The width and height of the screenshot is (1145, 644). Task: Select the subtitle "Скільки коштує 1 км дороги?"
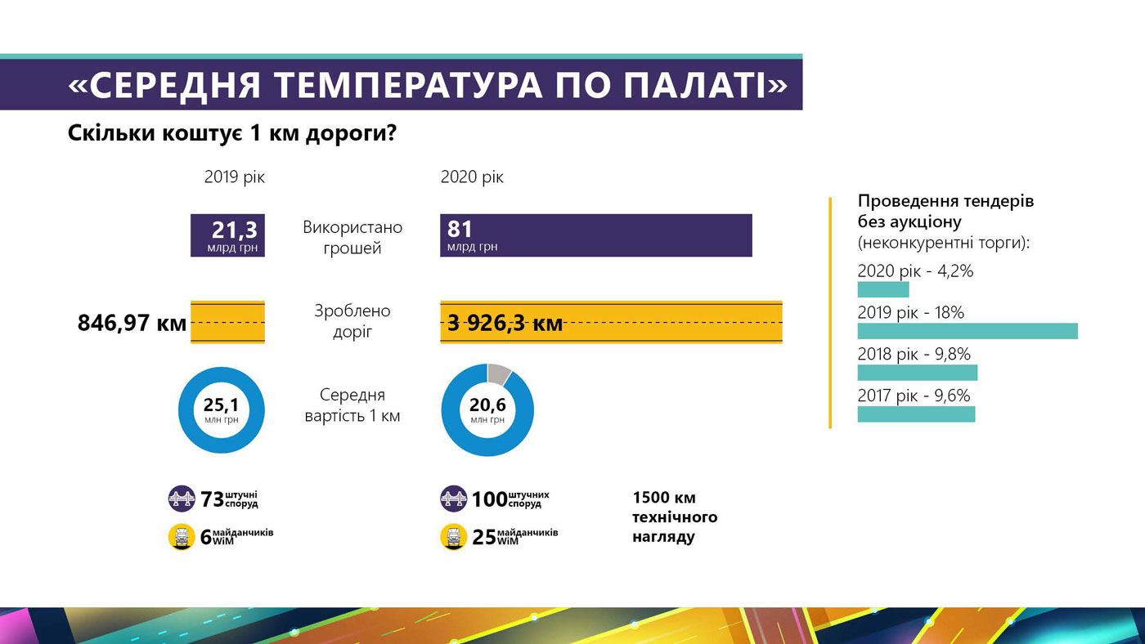[x=232, y=132]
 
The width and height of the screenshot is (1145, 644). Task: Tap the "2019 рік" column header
[x=235, y=177]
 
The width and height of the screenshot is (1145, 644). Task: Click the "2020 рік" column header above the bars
[x=472, y=177]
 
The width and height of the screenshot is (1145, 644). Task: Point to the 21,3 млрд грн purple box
[x=227, y=235]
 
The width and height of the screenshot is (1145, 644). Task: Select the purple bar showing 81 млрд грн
[x=595, y=235]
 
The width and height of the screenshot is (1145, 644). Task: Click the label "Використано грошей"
[x=352, y=237]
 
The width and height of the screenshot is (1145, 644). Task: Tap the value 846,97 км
[x=132, y=323]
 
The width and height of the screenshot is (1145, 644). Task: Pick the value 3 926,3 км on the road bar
[x=505, y=323]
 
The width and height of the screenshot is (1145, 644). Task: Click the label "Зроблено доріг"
[x=352, y=321]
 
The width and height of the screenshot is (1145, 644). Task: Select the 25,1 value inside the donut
[x=221, y=405]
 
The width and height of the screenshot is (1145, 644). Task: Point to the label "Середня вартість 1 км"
[x=352, y=405]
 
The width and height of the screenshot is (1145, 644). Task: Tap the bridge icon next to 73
[x=182, y=499]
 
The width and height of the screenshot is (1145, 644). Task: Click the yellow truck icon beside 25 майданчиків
[x=454, y=537]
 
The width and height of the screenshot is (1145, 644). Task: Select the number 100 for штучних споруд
[x=489, y=499]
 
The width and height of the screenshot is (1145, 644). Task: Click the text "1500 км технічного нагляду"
[x=674, y=517]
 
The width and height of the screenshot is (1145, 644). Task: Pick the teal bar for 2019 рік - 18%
[x=967, y=331]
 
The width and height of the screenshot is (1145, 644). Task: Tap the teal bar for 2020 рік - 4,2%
[x=882, y=289]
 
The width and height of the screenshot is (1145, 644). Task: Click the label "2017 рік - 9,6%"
[x=914, y=396]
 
